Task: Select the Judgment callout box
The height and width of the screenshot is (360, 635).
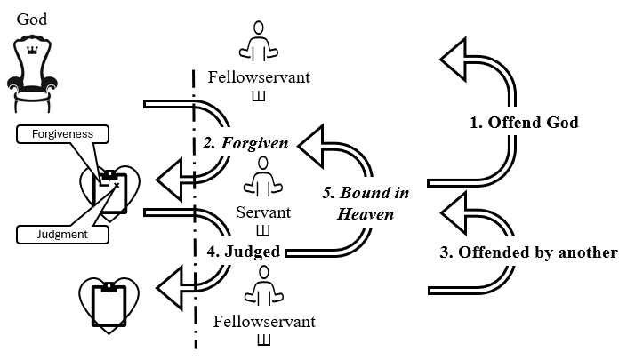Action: click(x=61, y=235)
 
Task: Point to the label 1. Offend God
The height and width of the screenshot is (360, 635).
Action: click(x=525, y=123)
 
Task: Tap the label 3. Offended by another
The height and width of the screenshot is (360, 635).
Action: click(x=528, y=252)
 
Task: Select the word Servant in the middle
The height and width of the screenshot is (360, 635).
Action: click(x=263, y=213)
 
